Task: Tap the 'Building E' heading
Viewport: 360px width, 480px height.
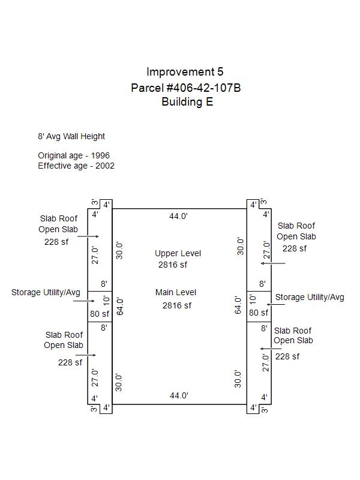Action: click(x=187, y=102)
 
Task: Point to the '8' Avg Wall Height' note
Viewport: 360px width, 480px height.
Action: click(x=71, y=137)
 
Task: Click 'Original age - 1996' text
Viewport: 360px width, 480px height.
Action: click(x=74, y=155)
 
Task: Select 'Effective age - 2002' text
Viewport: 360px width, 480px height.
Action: click(x=76, y=166)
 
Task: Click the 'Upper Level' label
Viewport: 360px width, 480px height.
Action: click(x=178, y=253)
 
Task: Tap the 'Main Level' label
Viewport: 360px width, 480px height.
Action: click(x=176, y=292)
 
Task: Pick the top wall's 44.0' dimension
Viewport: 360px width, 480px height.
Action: click(x=179, y=217)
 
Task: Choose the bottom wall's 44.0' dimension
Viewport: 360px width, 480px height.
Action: click(x=179, y=395)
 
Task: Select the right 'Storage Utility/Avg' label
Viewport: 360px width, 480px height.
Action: click(x=310, y=297)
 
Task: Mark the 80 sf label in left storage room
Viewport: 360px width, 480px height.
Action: click(x=100, y=313)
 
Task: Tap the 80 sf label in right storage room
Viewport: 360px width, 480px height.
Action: click(x=259, y=313)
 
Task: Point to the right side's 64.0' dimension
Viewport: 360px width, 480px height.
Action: click(x=238, y=305)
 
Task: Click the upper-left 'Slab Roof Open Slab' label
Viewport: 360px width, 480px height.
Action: click(x=59, y=224)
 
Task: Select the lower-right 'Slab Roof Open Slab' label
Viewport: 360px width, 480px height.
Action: click(x=293, y=335)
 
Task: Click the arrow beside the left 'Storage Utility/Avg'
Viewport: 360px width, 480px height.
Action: click(x=83, y=301)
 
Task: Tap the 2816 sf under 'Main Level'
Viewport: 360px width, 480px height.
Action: click(x=176, y=305)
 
